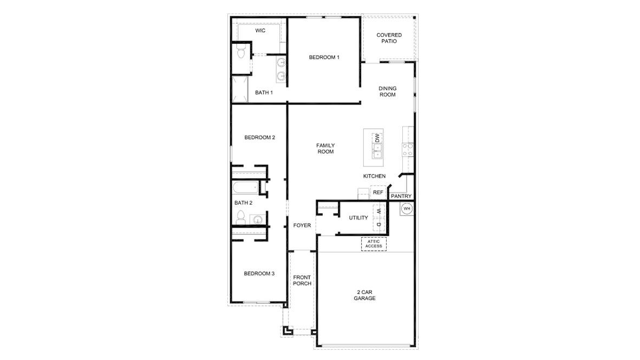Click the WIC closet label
[260, 31]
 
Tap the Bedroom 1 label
[324, 57]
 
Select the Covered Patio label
[389, 38]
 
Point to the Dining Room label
[387, 91]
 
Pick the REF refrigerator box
[377, 192]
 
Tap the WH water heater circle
[407, 208]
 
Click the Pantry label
[401, 196]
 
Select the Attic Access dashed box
[373, 244]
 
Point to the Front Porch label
[302, 280]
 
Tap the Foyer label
[302, 225]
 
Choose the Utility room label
[358, 218]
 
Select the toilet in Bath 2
[240, 219]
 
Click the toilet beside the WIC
[241, 53]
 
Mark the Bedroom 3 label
[259, 274]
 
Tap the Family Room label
[325, 148]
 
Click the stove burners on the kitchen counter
[408, 149]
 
